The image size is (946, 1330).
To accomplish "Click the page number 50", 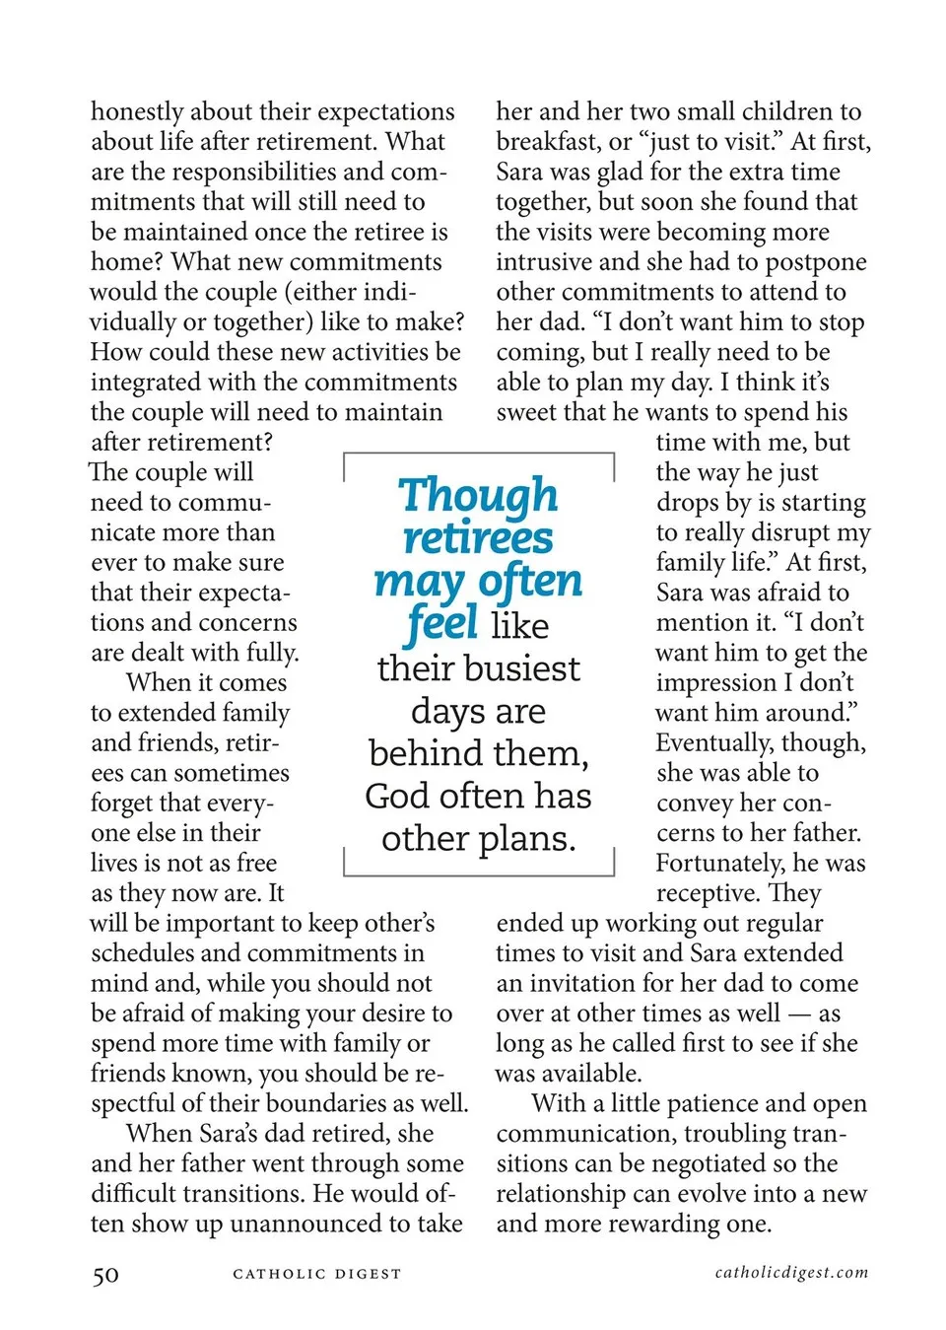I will point(105,1275).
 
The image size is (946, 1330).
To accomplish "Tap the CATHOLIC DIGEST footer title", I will point(317,1274).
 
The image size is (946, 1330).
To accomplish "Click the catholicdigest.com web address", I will point(791,1272).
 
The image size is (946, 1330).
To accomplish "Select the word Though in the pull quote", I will point(478,495).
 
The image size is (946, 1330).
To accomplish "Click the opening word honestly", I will point(137,111).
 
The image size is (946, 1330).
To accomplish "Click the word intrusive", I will point(543,262).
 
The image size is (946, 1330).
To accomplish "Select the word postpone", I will point(816,262).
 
